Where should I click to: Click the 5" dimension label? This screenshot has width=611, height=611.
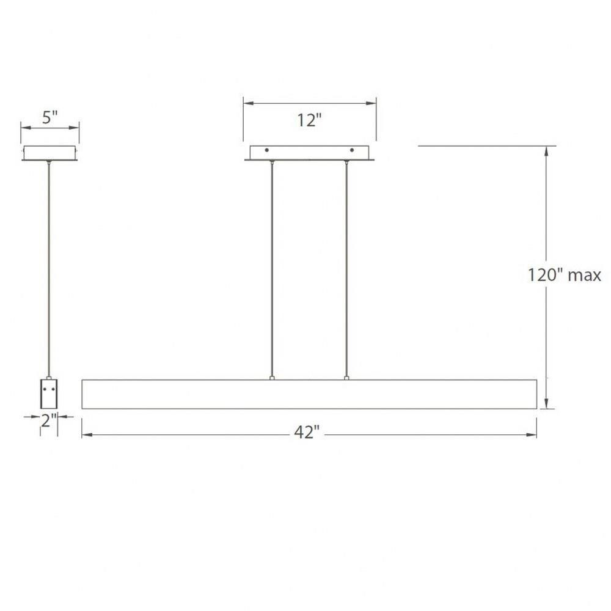point(50,117)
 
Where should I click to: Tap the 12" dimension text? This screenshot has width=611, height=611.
point(310,120)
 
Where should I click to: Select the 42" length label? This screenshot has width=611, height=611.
point(307,432)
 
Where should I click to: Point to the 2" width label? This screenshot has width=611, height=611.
point(49,420)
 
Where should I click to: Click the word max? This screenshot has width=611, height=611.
point(585,276)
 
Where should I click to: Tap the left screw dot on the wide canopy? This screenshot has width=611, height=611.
point(267,150)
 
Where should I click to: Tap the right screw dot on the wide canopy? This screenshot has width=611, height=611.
point(352,150)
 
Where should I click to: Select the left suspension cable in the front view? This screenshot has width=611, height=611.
point(272,269)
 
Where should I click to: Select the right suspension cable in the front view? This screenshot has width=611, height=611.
point(346,269)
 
